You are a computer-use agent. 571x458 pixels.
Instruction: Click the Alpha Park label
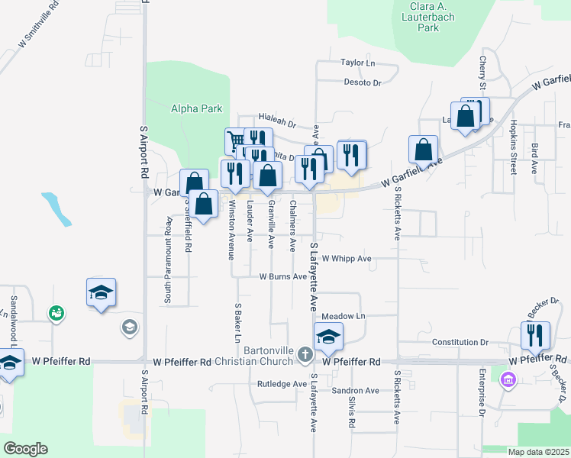click(196, 109)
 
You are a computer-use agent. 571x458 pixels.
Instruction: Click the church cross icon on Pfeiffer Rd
click(305, 353)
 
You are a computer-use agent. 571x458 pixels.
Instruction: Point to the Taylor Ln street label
click(358, 63)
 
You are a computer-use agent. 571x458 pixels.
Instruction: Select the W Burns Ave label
click(282, 276)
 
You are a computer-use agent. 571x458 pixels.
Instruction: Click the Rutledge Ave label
click(282, 383)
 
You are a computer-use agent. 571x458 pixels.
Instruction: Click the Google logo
click(25, 449)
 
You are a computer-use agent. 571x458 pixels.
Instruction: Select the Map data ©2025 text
click(538, 452)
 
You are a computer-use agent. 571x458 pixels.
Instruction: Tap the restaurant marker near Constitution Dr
click(535, 334)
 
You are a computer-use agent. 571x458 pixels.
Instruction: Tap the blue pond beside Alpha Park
click(56, 208)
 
